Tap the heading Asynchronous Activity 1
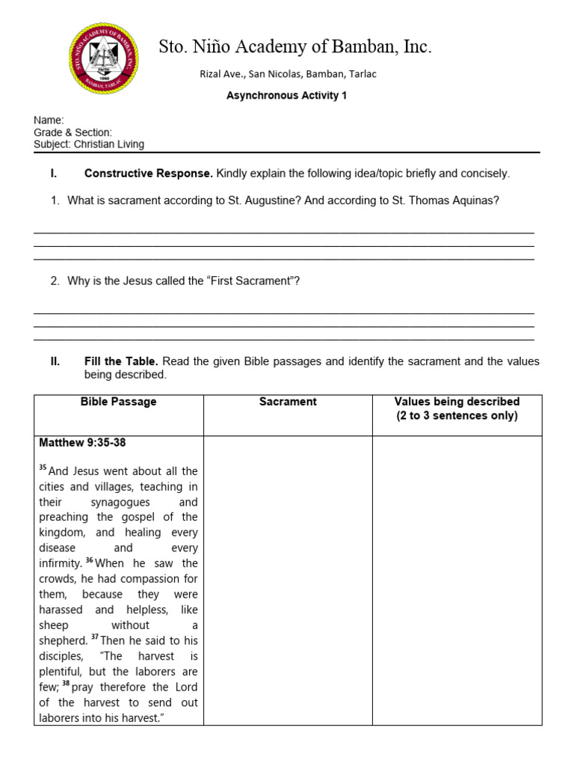point(286,96)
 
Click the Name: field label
point(49,120)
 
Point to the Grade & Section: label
point(72,132)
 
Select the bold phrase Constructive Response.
point(149,174)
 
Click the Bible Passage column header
point(119,402)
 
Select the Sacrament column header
point(288,402)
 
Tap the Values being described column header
point(457,402)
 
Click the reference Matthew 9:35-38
point(82,443)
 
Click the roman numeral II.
point(55,361)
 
